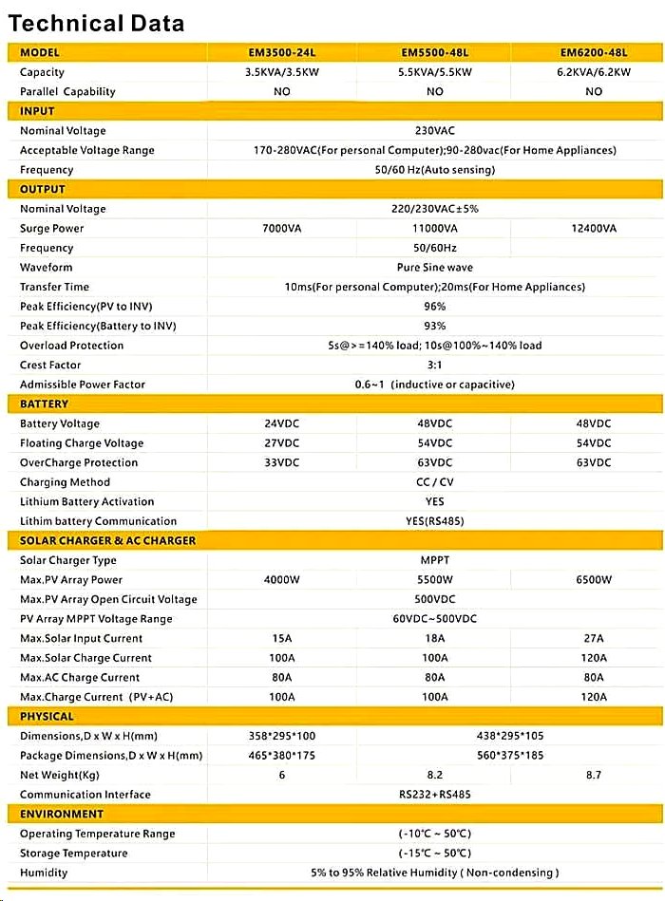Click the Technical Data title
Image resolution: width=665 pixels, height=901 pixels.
(x=96, y=24)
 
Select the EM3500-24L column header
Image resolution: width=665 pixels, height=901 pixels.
(x=281, y=52)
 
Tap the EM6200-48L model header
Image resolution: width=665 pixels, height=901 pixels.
(x=594, y=52)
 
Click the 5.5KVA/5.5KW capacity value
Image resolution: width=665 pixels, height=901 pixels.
(x=435, y=72)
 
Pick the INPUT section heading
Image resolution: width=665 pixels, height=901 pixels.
(x=38, y=111)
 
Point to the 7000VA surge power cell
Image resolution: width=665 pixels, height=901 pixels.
(x=281, y=229)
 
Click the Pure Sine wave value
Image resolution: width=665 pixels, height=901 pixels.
(x=435, y=268)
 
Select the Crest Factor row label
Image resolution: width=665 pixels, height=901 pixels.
(x=50, y=366)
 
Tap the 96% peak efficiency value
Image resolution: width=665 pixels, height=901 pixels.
(x=435, y=307)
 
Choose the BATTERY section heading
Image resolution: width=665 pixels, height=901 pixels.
(x=45, y=404)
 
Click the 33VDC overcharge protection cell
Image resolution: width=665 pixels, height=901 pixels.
(x=281, y=463)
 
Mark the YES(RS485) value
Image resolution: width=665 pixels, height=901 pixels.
(x=435, y=521)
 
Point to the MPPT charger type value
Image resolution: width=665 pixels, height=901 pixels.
(x=435, y=560)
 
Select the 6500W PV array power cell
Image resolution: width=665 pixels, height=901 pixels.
(x=594, y=580)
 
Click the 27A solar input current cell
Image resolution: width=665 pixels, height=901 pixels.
(x=594, y=639)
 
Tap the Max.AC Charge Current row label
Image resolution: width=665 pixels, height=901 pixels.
(x=80, y=678)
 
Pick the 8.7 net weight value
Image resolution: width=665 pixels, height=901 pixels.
(x=594, y=776)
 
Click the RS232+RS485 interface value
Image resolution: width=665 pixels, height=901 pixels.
(x=435, y=795)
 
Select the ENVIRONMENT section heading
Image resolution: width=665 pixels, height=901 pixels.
(x=62, y=814)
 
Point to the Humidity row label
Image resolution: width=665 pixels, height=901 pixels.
(x=44, y=873)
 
